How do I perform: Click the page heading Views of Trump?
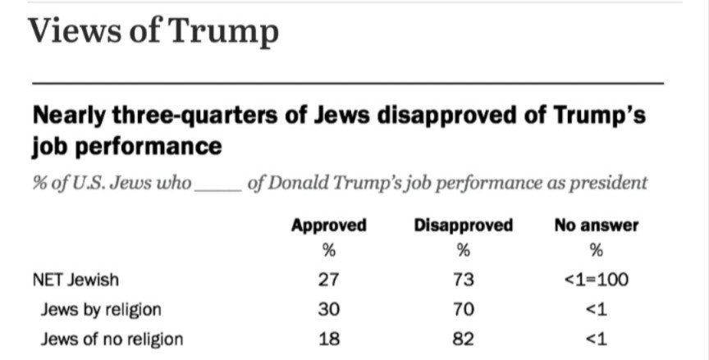point(153,33)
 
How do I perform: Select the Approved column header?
point(328,224)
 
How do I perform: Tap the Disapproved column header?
point(463,224)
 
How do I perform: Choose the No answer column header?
point(596,224)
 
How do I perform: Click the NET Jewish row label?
point(75,280)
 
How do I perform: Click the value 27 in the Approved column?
point(328,280)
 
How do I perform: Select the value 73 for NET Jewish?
point(463,280)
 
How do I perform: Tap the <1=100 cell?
point(597,280)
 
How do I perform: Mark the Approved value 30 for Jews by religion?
point(328,309)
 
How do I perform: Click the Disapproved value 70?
point(463,309)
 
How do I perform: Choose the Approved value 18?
point(328,338)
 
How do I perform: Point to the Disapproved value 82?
point(463,338)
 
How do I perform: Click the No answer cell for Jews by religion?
point(597,309)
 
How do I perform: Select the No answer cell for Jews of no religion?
point(597,338)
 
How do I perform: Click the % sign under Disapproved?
point(463,250)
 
